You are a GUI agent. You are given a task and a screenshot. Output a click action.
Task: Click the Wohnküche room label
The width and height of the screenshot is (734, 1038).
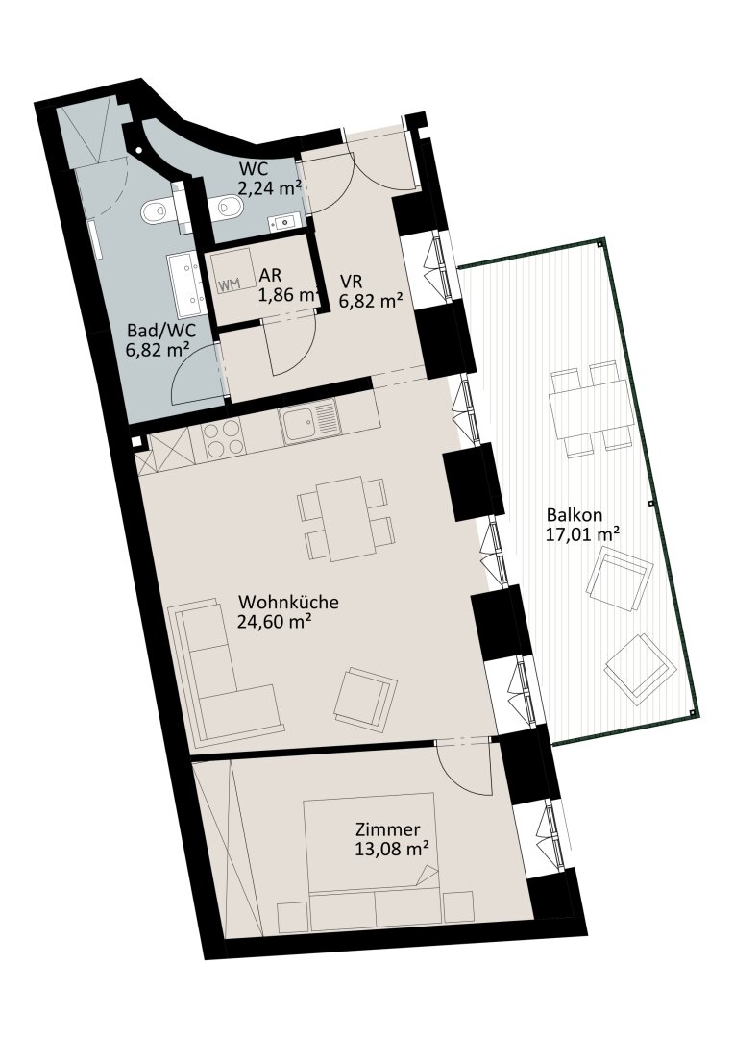click(x=288, y=603)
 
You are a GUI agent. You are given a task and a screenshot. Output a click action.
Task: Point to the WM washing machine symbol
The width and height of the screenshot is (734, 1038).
click(x=228, y=285)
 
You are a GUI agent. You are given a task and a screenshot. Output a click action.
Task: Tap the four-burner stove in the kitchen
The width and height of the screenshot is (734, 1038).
click(x=222, y=441)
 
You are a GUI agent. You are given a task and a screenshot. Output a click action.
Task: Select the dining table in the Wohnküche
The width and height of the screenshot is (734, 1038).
click(x=345, y=519)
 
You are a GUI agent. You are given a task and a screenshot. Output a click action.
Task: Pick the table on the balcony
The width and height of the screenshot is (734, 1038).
click(x=589, y=409)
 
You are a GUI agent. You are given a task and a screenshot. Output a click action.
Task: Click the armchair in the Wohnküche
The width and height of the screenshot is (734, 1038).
click(x=365, y=700)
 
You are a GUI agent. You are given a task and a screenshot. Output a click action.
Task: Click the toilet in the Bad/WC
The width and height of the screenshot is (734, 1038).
click(x=159, y=211)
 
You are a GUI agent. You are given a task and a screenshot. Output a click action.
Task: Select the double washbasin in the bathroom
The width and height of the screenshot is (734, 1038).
click(x=186, y=284)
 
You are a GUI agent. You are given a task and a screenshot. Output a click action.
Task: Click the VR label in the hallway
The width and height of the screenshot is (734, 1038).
click(x=350, y=282)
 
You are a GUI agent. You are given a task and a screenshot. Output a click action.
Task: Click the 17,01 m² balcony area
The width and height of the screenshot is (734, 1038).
click(x=582, y=533)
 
